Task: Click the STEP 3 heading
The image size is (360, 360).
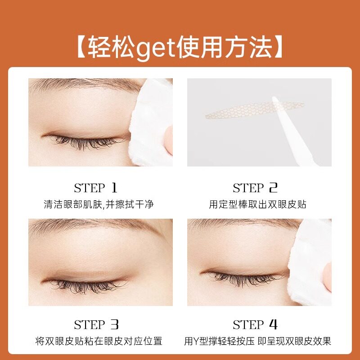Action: coord(95,324)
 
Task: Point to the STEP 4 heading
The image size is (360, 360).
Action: coord(255,324)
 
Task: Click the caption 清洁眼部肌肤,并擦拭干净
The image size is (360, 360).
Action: coord(99,204)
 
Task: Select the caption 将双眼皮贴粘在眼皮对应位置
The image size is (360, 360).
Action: coord(99,341)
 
